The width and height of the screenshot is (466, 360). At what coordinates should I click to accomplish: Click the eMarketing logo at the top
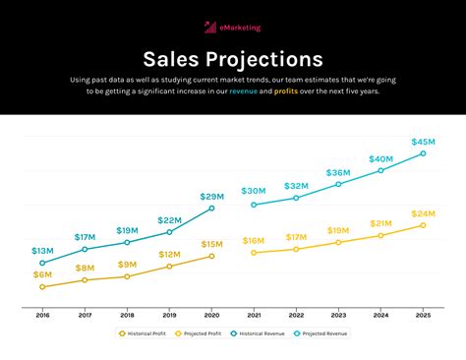[x=232, y=28]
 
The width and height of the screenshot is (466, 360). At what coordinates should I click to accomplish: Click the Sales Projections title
[x=232, y=60]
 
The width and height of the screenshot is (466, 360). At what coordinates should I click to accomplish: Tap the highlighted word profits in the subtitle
[x=286, y=90]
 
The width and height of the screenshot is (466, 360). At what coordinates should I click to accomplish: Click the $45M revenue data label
[x=424, y=142]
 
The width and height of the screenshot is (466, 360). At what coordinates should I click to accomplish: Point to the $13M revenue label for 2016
[x=42, y=252]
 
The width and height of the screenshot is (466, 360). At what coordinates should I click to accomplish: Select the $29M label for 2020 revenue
[x=211, y=196]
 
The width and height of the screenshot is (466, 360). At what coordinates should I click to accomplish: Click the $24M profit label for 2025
[x=424, y=213]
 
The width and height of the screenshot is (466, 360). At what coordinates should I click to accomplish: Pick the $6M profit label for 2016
[x=42, y=274]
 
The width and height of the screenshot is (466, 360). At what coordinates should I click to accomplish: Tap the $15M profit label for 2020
[x=211, y=244]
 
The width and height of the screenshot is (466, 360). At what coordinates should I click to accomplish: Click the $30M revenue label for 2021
[x=254, y=191]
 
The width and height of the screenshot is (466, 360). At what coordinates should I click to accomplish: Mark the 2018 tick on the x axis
[x=127, y=315]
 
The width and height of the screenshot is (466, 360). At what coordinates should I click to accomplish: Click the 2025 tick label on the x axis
[x=423, y=315]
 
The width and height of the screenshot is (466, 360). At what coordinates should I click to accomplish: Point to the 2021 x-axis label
[x=254, y=315]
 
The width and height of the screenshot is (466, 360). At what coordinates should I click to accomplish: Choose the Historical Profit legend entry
[x=144, y=333]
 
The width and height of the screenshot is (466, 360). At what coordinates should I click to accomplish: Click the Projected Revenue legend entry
[x=321, y=333]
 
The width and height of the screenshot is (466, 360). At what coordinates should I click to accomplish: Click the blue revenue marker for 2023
[x=338, y=184]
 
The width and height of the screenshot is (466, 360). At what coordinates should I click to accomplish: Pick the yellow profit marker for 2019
[x=169, y=267]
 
